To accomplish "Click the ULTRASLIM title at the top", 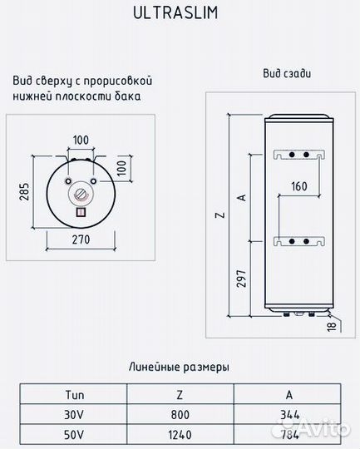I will pyautogui.click(x=180, y=15).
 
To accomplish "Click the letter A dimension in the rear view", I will pyautogui.click(x=241, y=196).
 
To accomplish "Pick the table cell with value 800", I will pyautogui.click(x=180, y=413).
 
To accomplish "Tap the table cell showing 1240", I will pyautogui.click(x=180, y=432).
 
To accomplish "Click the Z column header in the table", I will pyautogui.click(x=180, y=395).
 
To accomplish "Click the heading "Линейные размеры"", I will pyautogui.click(x=180, y=367).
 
